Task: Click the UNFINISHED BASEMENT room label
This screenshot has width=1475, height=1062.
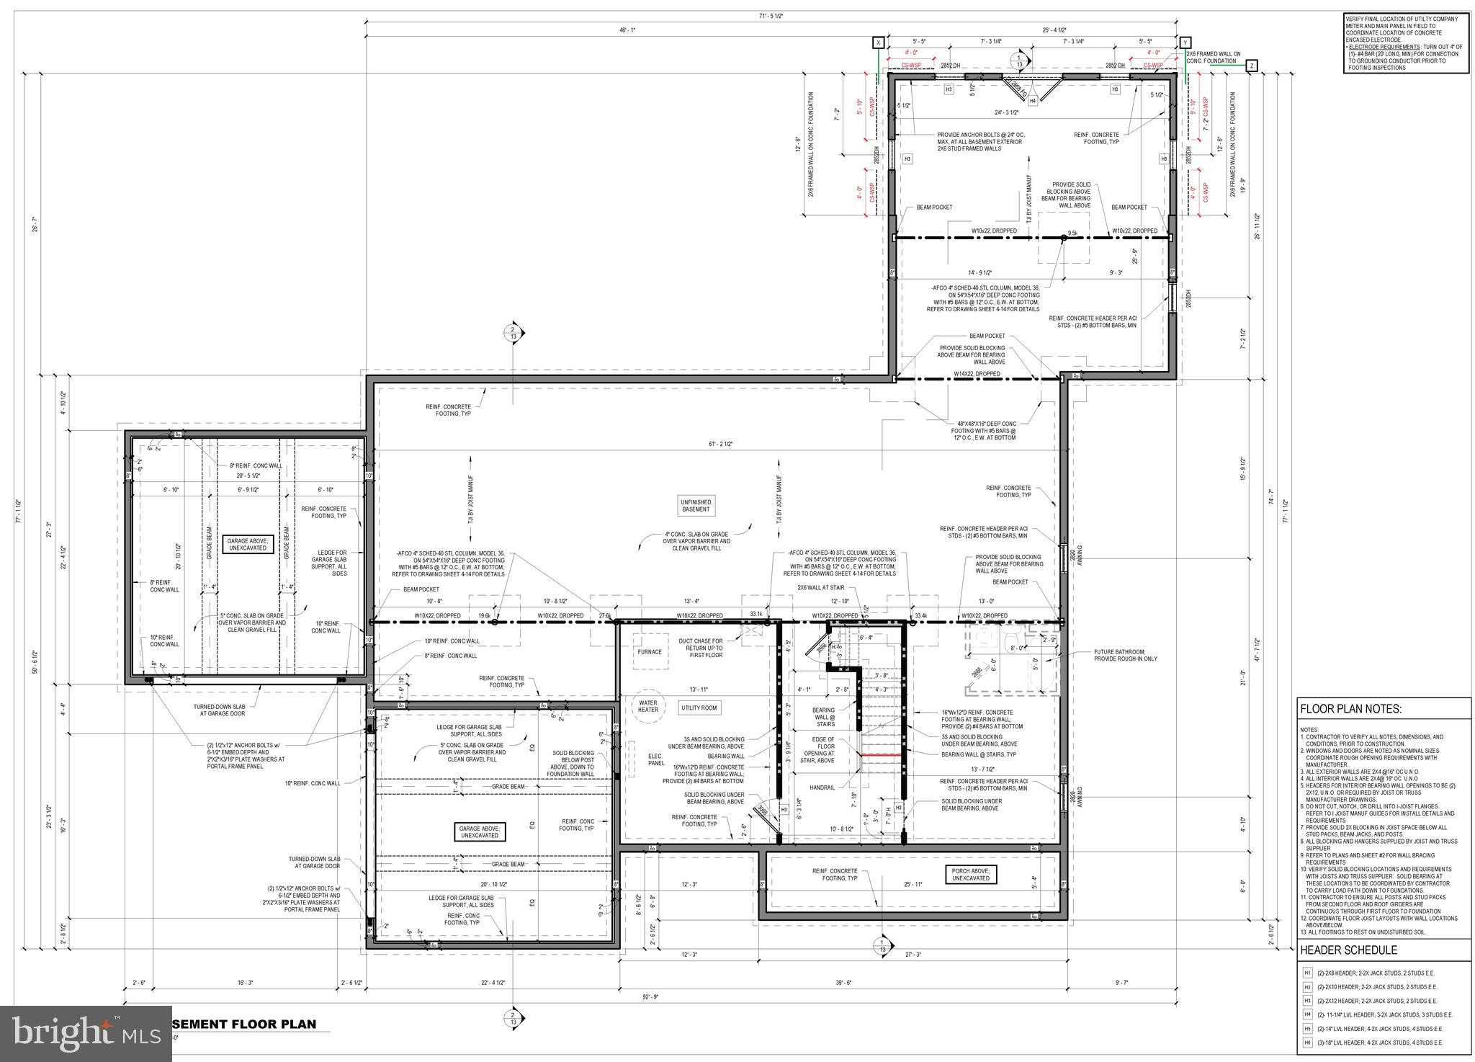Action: [x=696, y=505]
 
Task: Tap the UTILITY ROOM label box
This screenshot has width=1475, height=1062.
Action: [x=699, y=708]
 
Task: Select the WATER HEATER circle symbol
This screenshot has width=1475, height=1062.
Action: [x=648, y=707]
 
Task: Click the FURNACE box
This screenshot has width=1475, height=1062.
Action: [x=649, y=652]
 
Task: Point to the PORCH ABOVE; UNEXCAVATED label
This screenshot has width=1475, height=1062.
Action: [x=969, y=875]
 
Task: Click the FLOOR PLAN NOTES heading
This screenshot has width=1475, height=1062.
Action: [x=1350, y=709]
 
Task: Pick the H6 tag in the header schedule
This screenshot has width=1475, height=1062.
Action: [x=1307, y=1043]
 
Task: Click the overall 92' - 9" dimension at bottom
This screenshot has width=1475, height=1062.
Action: [x=651, y=997]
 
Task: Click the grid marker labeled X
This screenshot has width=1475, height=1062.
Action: [x=879, y=43]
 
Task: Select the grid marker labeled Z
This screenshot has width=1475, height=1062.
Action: [x=1251, y=66]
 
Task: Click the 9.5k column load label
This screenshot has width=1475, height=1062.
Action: [x=1072, y=233]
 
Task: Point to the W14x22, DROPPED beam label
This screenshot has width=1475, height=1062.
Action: [x=977, y=374]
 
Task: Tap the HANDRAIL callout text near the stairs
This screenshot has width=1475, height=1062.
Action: [x=822, y=787]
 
